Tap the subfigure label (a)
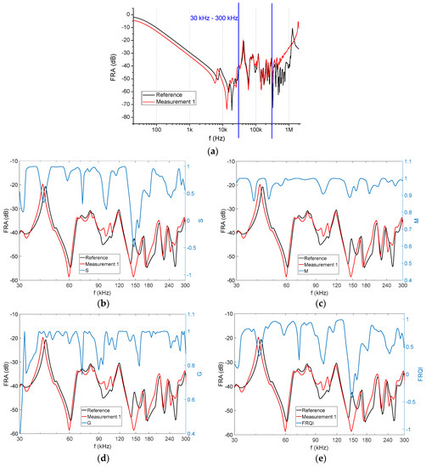pyautogui.click(x=213, y=149)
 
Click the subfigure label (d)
pyautogui.click(x=106, y=459)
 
